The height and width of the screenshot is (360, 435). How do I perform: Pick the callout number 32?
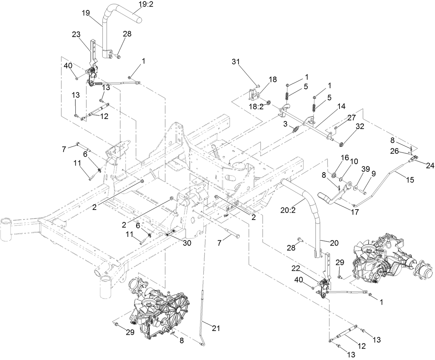(x=360, y=127)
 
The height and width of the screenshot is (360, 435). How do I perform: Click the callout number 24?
(x=430, y=166)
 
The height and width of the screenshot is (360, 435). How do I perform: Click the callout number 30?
(x=186, y=243)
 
